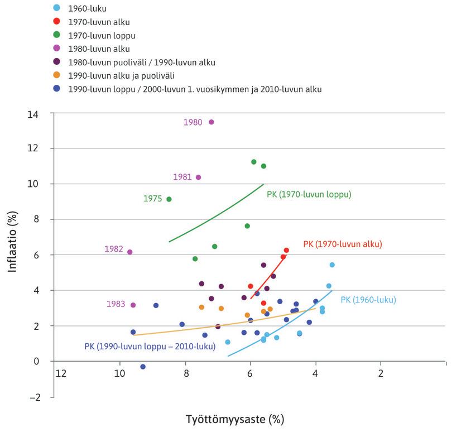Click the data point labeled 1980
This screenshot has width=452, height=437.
[211, 122]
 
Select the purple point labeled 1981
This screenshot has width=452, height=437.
[198, 177]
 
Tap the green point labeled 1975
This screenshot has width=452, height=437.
[169, 199]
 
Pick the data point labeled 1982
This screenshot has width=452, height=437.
[130, 252]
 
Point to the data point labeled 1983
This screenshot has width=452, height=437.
[133, 305]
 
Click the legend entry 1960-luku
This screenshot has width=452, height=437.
[86, 8]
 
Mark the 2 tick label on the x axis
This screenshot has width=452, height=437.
[381, 373]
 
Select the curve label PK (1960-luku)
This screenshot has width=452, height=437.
[368, 300]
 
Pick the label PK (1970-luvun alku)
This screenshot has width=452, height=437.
[342, 244]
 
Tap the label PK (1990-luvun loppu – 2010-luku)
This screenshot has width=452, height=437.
[150, 346]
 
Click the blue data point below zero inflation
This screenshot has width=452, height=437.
[143, 367]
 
